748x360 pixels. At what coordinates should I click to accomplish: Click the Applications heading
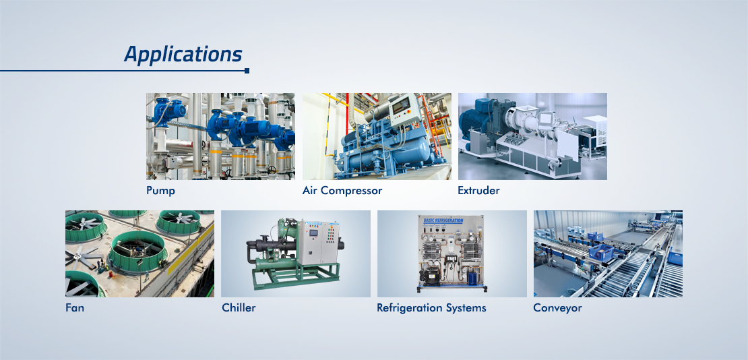pyautogui.click(x=183, y=55)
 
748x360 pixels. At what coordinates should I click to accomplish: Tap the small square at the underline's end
pyautogui.click(x=247, y=71)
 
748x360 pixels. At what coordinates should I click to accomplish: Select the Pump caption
pyautogui.click(x=161, y=191)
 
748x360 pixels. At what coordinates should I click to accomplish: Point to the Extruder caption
pyautogui.click(x=478, y=191)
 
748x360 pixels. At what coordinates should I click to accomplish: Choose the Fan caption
pyautogui.click(x=75, y=308)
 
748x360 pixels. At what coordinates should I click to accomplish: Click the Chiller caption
pyautogui.click(x=239, y=308)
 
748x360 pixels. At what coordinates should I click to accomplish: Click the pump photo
pyautogui.click(x=220, y=137)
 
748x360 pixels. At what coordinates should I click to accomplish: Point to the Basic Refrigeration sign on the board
pyautogui.click(x=443, y=220)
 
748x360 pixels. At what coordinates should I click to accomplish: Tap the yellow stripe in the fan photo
pyautogui.click(x=191, y=248)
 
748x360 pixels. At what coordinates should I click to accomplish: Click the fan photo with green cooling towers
pyautogui.click(x=139, y=254)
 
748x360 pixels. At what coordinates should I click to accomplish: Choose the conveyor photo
pyautogui.click(x=608, y=254)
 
